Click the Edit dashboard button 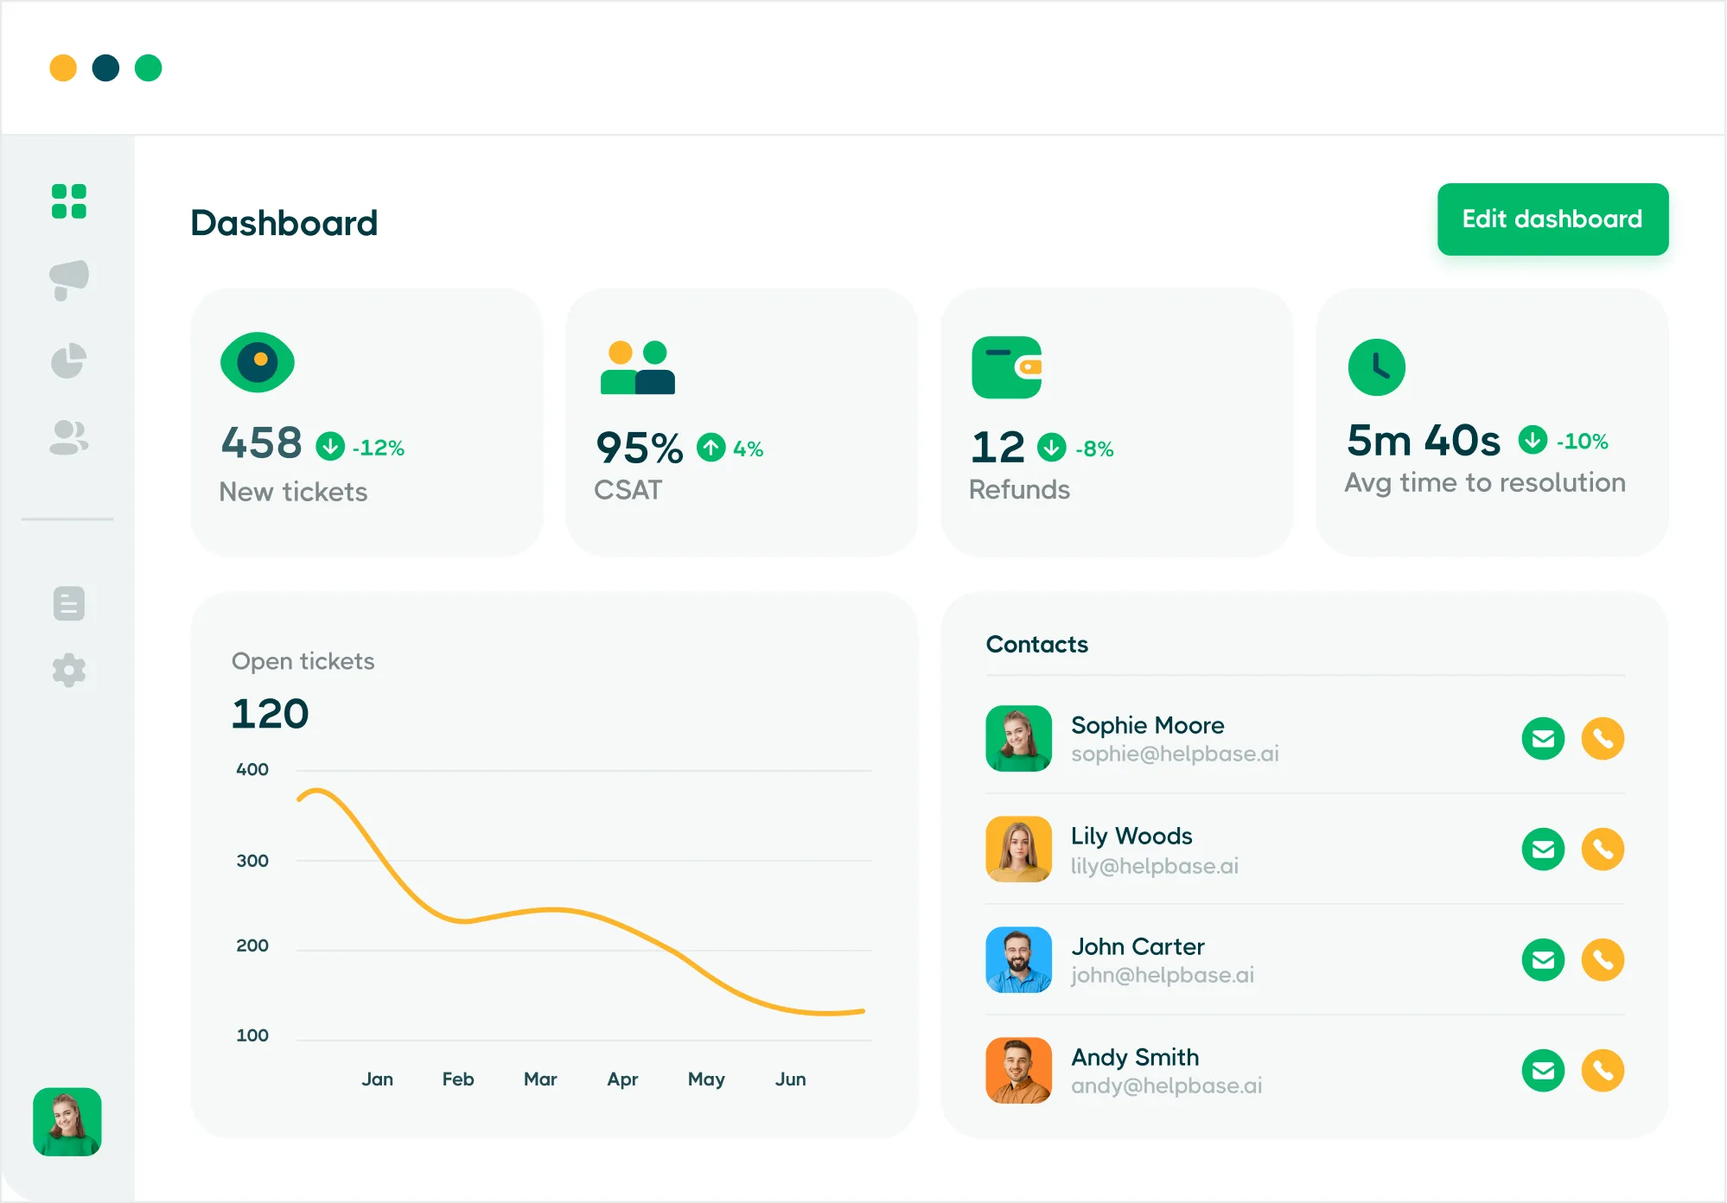(x=1552, y=220)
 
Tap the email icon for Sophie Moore (x=1543, y=739)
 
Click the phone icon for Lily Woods (x=1603, y=850)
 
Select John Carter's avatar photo (x=1019, y=959)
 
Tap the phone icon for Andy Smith (x=1603, y=1071)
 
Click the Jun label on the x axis (x=790, y=1079)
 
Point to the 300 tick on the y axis (x=252, y=861)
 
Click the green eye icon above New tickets (x=258, y=362)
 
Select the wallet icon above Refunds (x=1007, y=367)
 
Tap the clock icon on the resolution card (x=1377, y=367)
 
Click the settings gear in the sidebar (x=69, y=670)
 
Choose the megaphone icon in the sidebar (x=69, y=280)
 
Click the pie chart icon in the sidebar (x=69, y=361)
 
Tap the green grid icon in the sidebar (x=69, y=201)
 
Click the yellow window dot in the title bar (x=63, y=67)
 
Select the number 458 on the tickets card (x=262, y=442)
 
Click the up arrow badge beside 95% (x=711, y=447)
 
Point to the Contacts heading (x=1037, y=645)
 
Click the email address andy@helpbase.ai (x=1167, y=1085)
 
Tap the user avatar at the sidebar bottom (x=67, y=1122)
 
